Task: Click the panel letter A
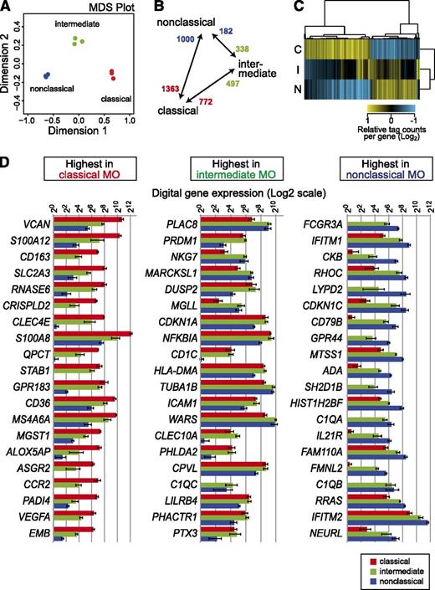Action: point(6,8)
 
